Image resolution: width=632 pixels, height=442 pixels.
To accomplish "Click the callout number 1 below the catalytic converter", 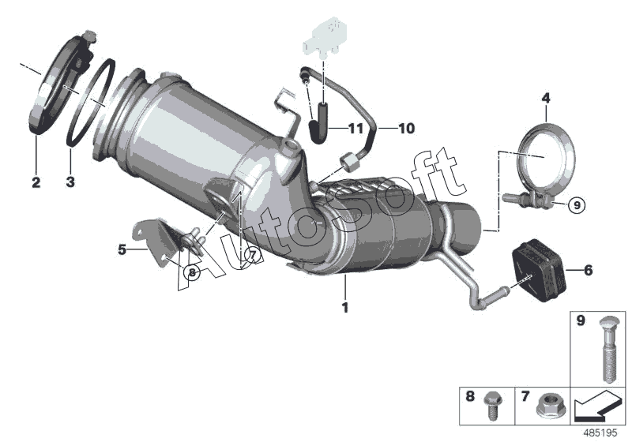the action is pyautogui.click(x=345, y=308).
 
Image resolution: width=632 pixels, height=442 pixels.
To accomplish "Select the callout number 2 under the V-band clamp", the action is pyautogui.click(x=36, y=182).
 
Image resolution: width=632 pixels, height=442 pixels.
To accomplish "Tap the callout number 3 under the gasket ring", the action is pyautogui.click(x=70, y=182).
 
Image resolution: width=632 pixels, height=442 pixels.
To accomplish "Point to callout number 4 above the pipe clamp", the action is pyautogui.click(x=546, y=98).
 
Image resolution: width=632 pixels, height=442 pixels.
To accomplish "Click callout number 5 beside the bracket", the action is pyautogui.click(x=122, y=249).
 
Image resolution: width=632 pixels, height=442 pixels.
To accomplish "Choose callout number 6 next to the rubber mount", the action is pyautogui.click(x=588, y=270).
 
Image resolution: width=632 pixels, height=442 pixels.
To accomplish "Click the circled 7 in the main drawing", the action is pyautogui.click(x=252, y=255).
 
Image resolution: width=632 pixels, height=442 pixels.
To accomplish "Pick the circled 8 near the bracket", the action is pyautogui.click(x=192, y=272).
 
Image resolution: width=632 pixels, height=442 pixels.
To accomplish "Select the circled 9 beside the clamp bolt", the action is pyautogui.click(x=577, y=205).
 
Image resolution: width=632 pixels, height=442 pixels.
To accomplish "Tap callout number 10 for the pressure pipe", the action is pyautogui.click(x=406, y=129).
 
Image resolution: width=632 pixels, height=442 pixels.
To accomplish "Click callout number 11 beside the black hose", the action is pyautogui.click(x=355, y=129).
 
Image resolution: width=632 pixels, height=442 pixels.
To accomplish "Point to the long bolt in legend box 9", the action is pyautogui.click(x=609, y=349).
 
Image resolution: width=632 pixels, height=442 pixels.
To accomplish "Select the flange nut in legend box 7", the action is pyautogui.click(x=551, y=405).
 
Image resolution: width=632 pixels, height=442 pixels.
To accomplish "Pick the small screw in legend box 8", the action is pyautogui.click(x=493, y=406).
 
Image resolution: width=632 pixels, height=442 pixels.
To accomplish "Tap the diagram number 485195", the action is pyautogui.click(x=600, y=433).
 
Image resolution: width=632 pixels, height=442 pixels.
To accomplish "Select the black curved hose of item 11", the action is pyautogui.click(x=319, y=123).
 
